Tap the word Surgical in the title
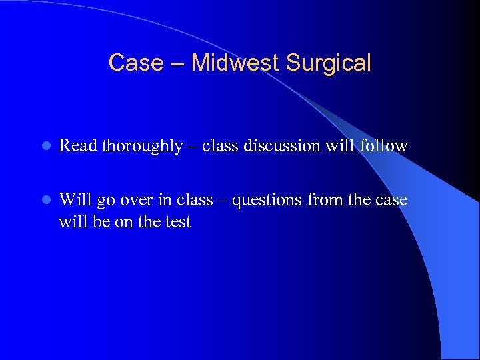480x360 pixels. (328, 63)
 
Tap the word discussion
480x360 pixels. (278, 145)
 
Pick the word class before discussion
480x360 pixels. (216, 145)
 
